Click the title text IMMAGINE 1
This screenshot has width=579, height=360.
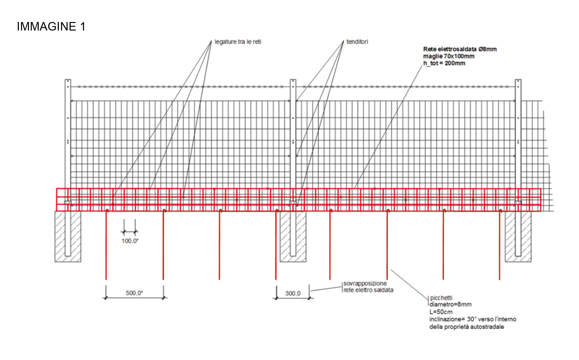click(x=51, y=26)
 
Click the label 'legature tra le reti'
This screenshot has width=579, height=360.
click(x=238, y=42)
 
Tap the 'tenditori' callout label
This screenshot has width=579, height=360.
click(x=357, y=42)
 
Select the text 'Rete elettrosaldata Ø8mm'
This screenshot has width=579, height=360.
click(x=460, y=49)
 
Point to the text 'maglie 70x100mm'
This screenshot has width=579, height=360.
click(x=449, y=56)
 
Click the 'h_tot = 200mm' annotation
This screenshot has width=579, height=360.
click(x=444, y=63)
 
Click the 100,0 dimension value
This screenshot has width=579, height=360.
click(x=130, y=241)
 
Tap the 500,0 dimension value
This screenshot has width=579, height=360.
click(x=134, y=293)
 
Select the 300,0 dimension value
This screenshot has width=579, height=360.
click(x=293, y=293)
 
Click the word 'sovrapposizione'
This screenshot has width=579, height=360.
click(x=365, y=283)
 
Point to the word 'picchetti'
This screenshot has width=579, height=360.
click(x=441, y=298)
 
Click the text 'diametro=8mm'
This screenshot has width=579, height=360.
click(x=451, y=304)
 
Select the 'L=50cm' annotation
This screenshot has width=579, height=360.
click(x=441, y=312)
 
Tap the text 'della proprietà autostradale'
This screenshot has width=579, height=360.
click(x=467, y=327)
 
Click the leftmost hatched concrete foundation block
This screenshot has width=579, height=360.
click(x=68, y=236)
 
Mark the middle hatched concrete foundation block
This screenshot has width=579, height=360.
click(x=293, y=236)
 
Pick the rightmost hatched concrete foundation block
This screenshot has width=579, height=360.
click(x=518, y=236)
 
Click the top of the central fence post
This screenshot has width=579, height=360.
click(x=293, y=80)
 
